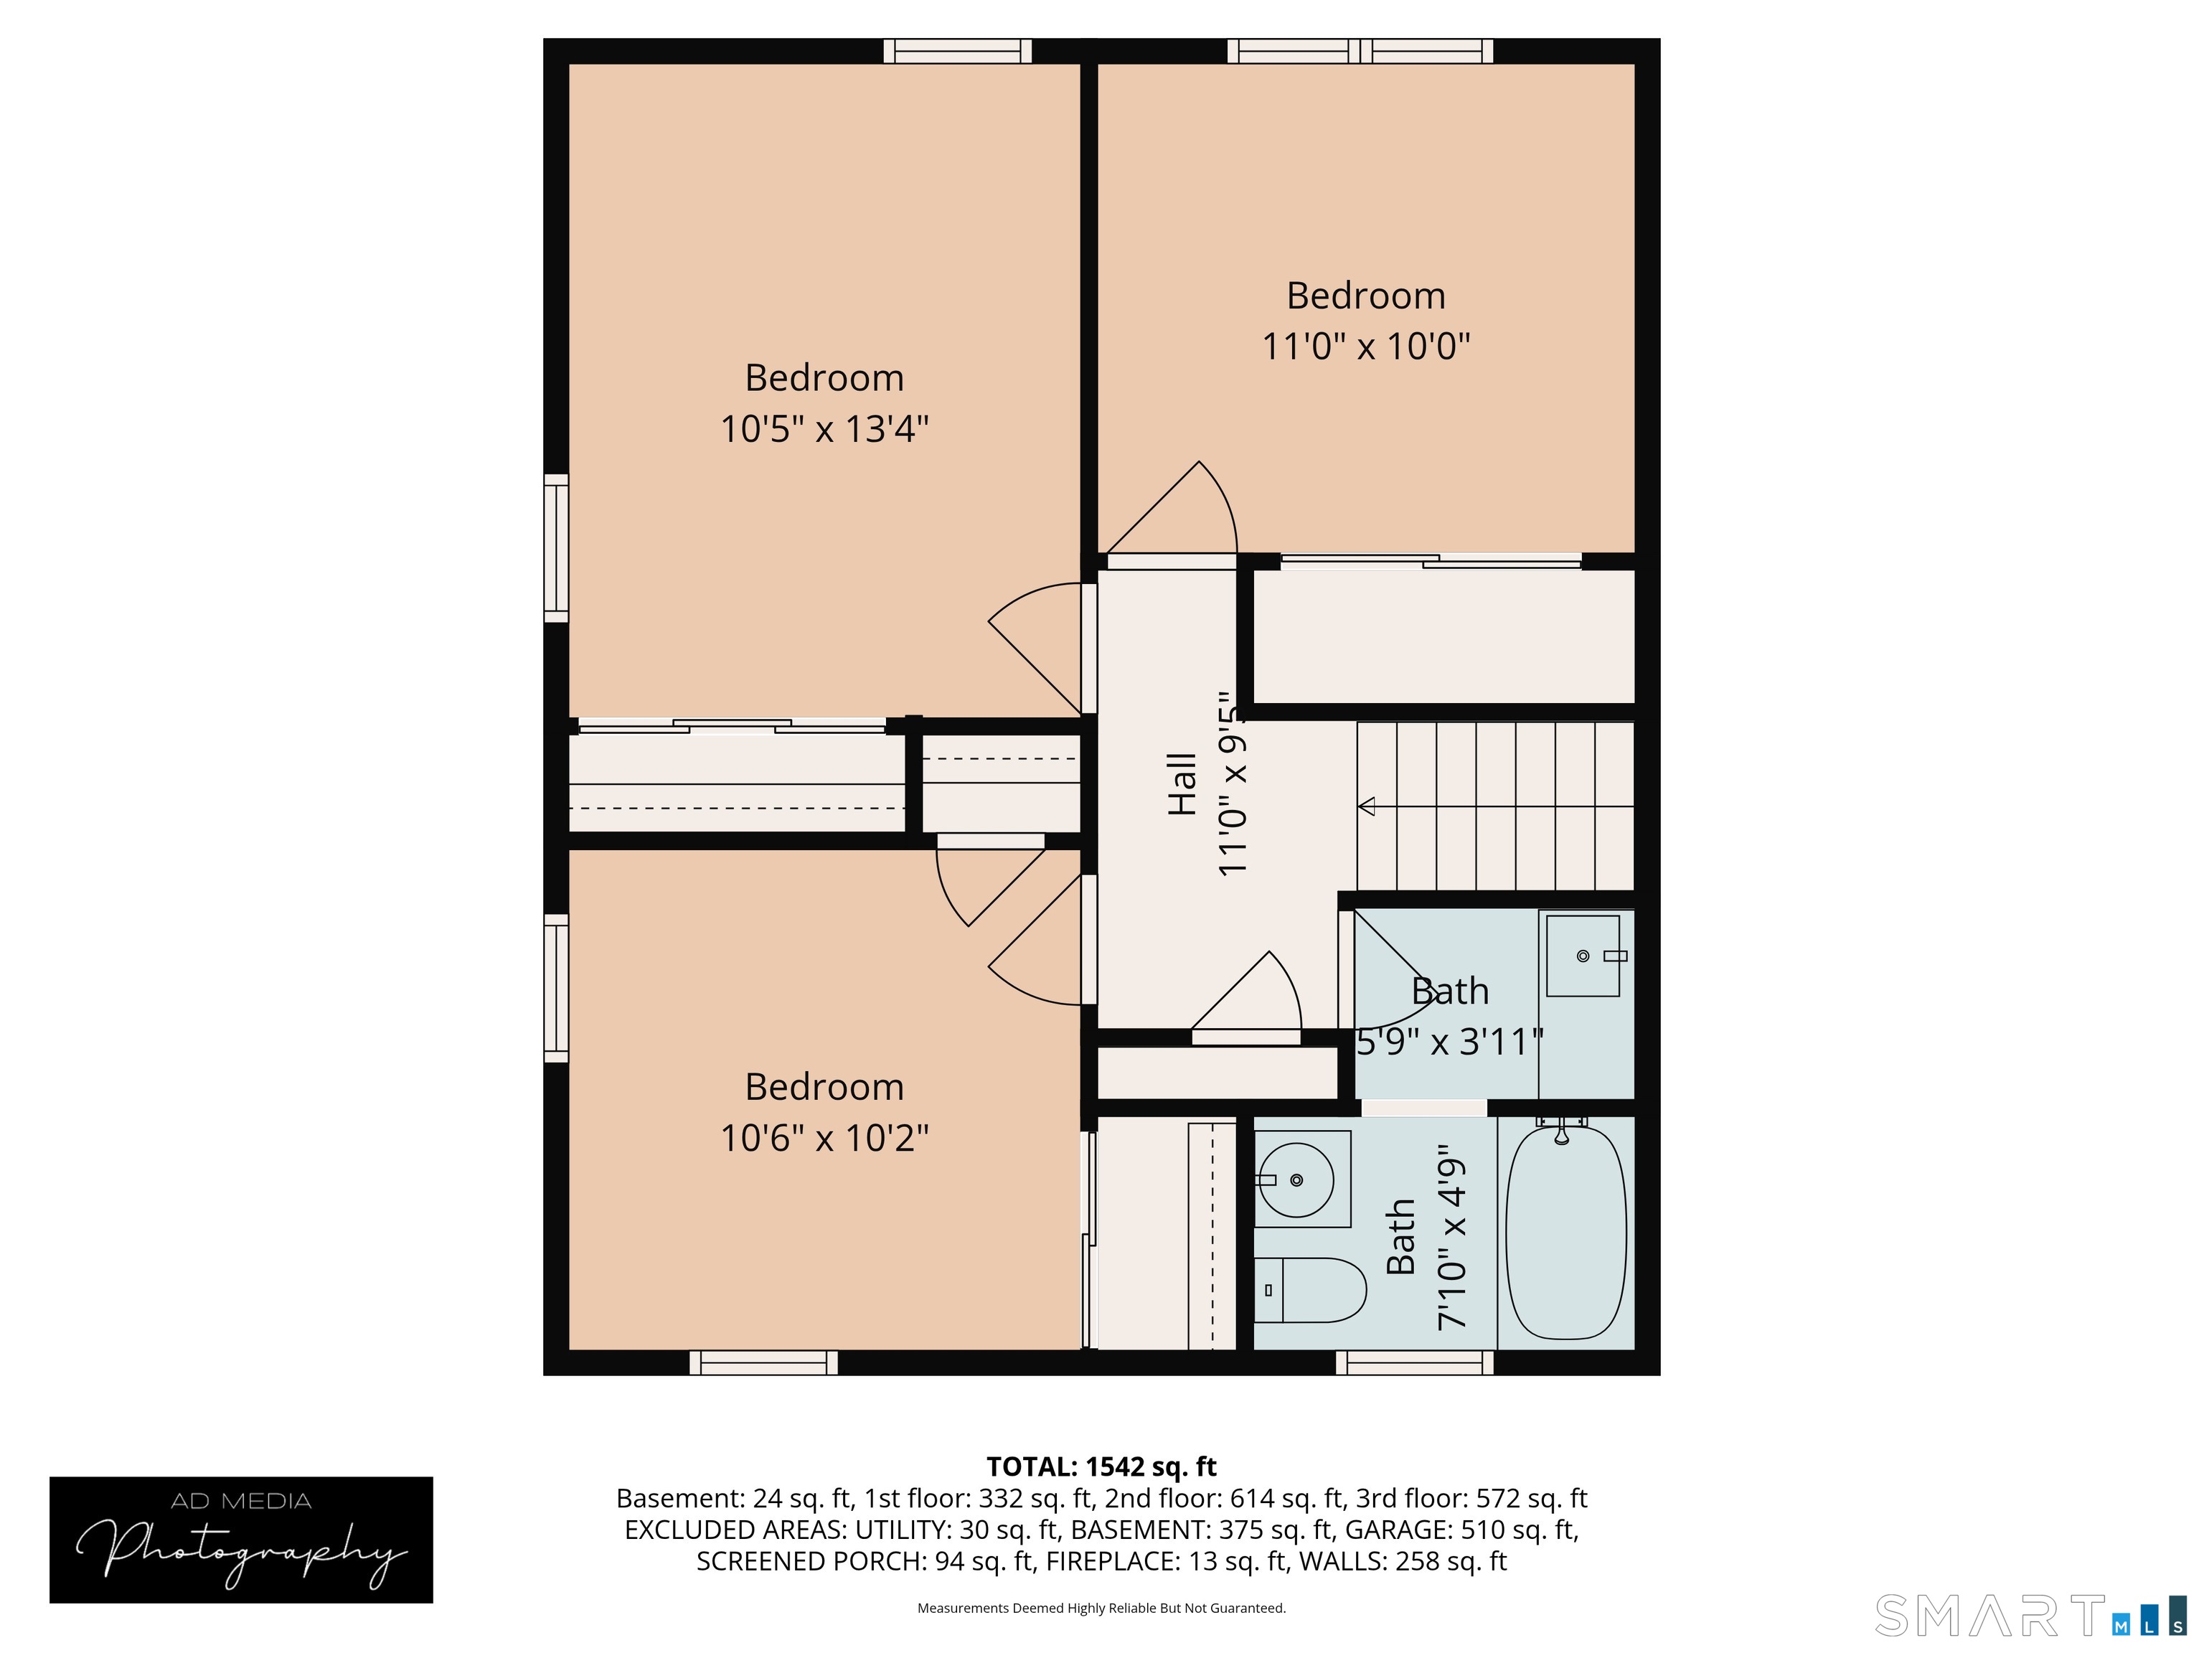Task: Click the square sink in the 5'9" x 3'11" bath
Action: coord(1583,956)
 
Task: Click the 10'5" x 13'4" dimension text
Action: coord(824,430)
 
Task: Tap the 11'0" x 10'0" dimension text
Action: coord(1366,347)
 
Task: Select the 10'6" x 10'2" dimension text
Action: coord(824,1138)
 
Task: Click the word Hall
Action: coord(1182,785)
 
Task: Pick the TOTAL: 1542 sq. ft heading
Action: coord(1101,1466)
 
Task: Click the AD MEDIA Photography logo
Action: coord(241,1540)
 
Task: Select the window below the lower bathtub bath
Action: coord(1415,1362)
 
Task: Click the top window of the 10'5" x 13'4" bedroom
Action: coord(958,51)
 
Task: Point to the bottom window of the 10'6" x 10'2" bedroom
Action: coord(763,1362)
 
